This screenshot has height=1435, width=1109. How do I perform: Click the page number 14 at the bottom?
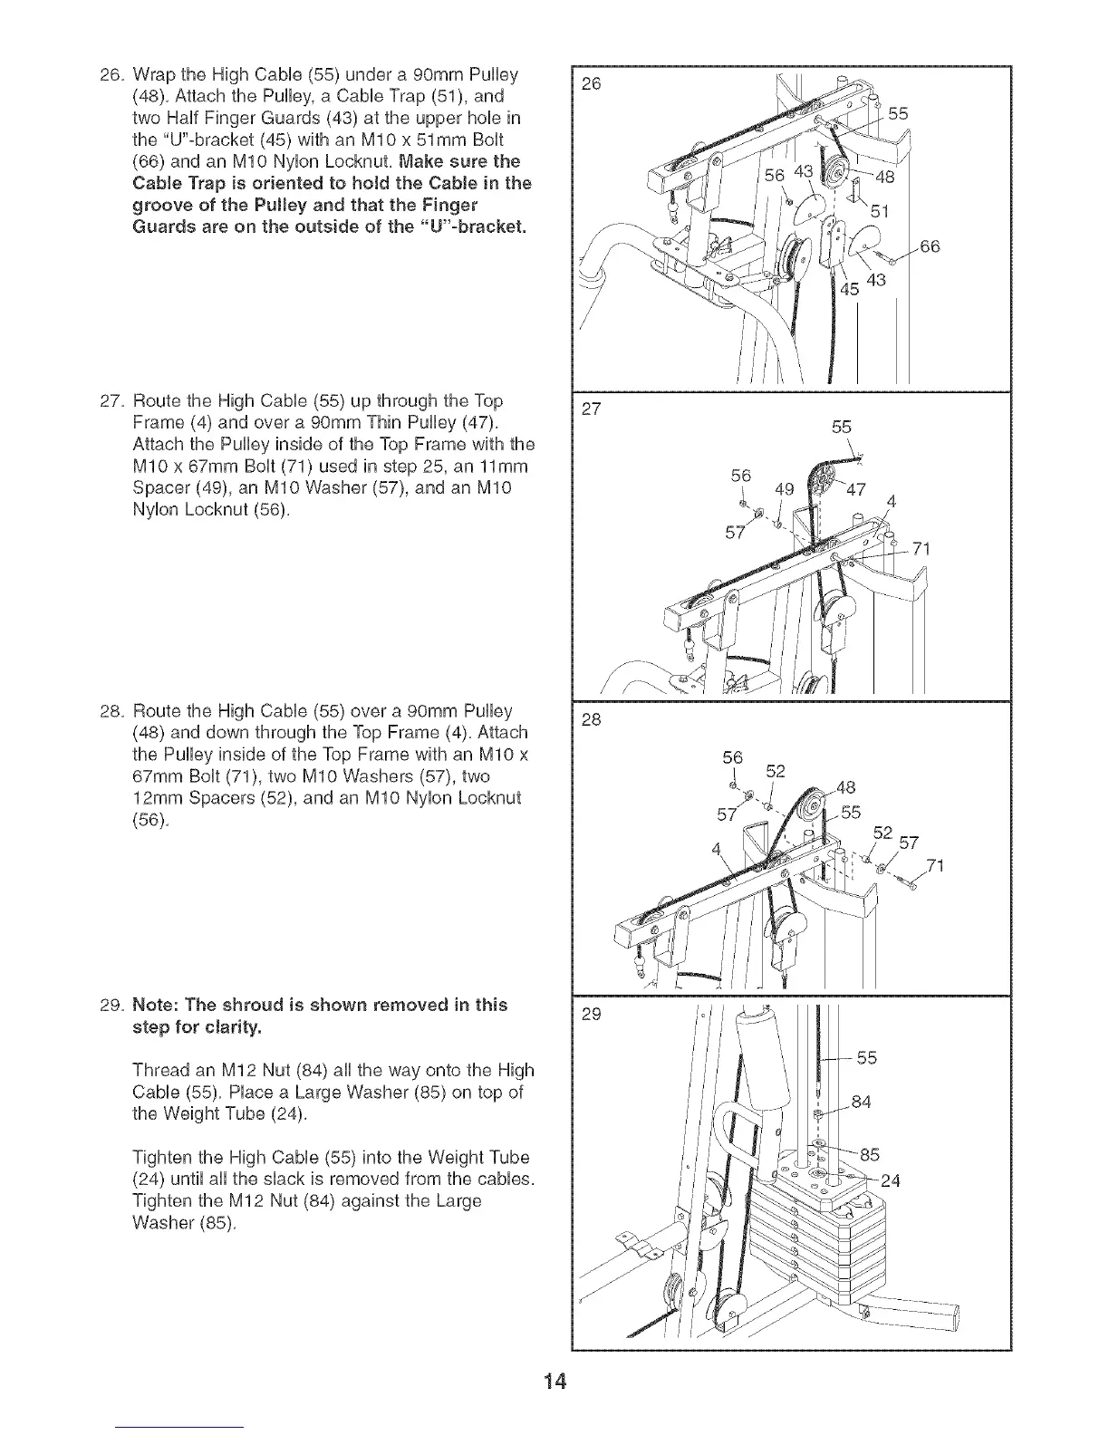tap(554, 1382)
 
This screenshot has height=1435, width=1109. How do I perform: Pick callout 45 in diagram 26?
tap(849, 290)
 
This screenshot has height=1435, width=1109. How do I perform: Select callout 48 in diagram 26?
tap(884, 178)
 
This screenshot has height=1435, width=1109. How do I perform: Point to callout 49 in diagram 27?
tap(784, 490)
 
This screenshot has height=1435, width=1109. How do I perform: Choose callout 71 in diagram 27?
tap(921, 549)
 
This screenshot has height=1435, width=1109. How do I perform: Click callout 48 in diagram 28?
tap(844, 787)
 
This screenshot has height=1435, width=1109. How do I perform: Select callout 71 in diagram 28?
tap(936, 867)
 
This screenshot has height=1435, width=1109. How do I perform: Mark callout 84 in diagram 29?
tap(861, 1102)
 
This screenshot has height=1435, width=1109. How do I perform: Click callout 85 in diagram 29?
tap(869, 1154)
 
